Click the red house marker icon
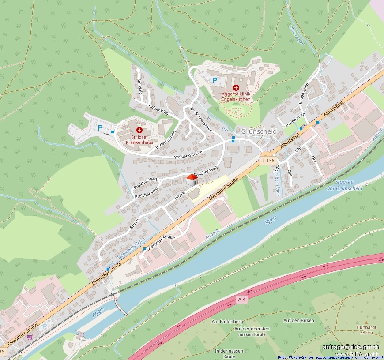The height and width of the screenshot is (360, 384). (x=192, y=180)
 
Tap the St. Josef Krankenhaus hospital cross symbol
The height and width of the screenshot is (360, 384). (x=139, y=130)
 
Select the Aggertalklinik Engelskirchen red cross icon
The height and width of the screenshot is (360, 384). (x=236, y=88)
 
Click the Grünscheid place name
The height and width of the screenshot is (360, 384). (x=259, y=131)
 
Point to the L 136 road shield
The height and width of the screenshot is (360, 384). (x=268, y=161)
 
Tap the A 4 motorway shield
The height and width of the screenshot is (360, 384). (x=241, y=300)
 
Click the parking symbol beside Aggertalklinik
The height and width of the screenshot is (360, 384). (x=215, y=80)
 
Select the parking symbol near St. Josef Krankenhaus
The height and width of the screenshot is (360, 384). (x=100, y=128)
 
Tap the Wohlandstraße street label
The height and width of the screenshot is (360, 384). (x=188, y=154)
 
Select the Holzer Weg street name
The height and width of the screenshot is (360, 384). (x=159, y=109)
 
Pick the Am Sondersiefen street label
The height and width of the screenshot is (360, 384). (x=201, y=119)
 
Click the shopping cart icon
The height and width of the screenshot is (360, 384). (x=30, y=337)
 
